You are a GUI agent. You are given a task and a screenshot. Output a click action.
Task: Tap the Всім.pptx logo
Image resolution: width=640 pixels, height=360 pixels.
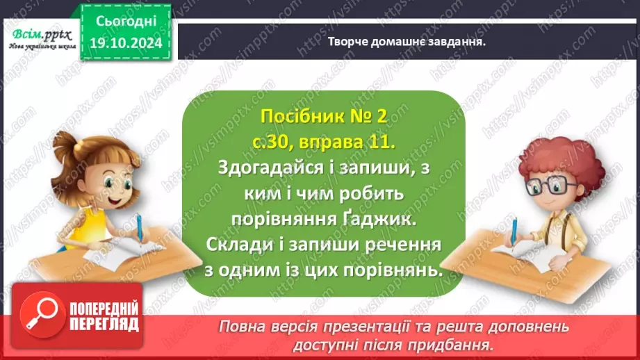[39, 35]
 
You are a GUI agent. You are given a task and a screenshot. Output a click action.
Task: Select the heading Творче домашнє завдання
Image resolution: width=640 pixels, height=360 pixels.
[407, 41]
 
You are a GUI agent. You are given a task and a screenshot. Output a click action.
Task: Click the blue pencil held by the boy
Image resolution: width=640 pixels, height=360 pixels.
[515, 232]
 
